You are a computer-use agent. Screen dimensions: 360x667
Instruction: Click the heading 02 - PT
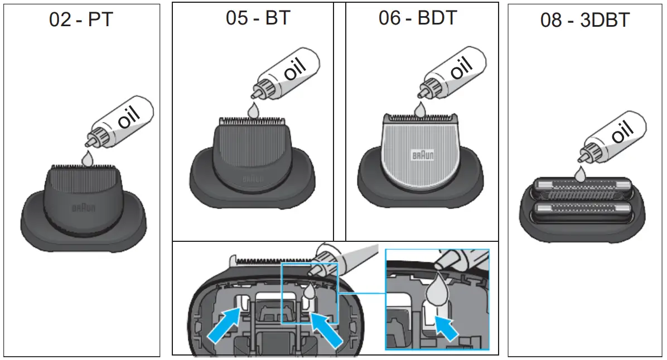81,20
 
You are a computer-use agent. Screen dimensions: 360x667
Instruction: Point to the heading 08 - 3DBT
584,20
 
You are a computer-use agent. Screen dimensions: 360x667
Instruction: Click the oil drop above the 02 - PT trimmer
86,158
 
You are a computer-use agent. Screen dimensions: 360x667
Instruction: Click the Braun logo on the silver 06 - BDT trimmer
422,155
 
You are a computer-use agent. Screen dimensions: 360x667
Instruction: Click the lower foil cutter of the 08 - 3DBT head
580,212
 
